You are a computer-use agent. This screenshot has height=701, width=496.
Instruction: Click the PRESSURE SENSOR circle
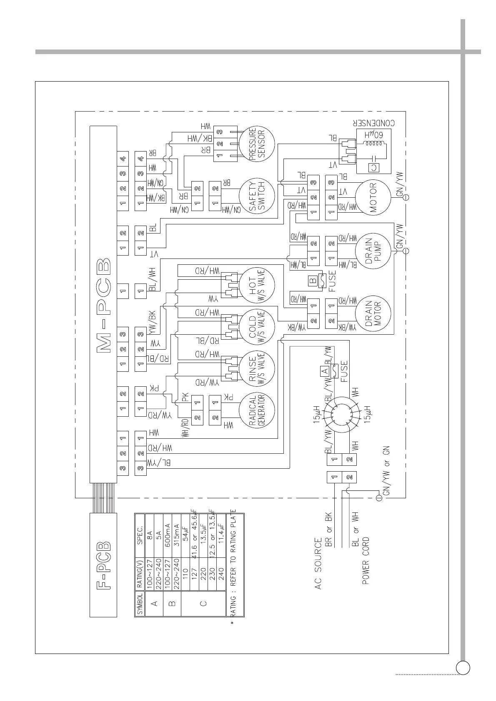[x=257, y=144]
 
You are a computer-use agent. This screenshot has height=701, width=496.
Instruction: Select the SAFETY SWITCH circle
[x=257, y=196]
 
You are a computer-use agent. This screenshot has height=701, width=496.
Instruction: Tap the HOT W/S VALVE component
[x=257, y=285]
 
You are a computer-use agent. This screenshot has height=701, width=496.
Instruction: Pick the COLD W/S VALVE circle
[x=257, y=326]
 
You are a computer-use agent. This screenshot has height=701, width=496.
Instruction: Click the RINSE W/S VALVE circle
[x=257, y=368]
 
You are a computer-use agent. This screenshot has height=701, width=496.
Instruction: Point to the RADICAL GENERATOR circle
[x=257, y=410]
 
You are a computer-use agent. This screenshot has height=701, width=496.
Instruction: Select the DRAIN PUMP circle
[x=373, y=251]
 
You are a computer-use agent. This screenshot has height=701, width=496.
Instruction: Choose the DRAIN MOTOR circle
[x=373, y=313]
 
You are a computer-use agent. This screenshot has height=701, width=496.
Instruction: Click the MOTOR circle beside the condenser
[x=373, y=197]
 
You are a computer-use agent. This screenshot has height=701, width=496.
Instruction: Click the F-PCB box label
[x=104, y=564]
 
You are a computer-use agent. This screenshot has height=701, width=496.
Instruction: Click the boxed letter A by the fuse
[x=324, y=370]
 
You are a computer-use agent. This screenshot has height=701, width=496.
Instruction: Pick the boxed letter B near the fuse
[x=313, y=281]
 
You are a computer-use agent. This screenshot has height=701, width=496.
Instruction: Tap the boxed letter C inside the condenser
[x=374, y=167]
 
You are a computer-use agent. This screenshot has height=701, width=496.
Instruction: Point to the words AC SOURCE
[x=318, y=564]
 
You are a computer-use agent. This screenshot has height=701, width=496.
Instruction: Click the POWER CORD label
[x=366, y=560]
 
